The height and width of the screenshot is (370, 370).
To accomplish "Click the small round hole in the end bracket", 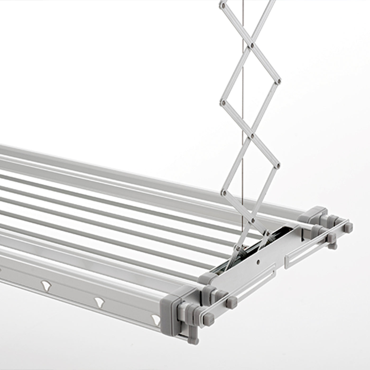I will tap(258, 261).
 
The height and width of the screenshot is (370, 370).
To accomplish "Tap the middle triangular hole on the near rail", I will tap(99, 301).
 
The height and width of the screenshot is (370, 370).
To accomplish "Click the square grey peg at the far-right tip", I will tap(349, 226).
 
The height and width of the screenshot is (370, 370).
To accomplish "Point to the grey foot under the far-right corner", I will tap(332, 245).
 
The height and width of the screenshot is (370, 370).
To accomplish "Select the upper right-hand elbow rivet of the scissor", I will tap(279, 80).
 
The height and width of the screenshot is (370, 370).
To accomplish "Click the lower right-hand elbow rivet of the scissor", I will tap(278, 166).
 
